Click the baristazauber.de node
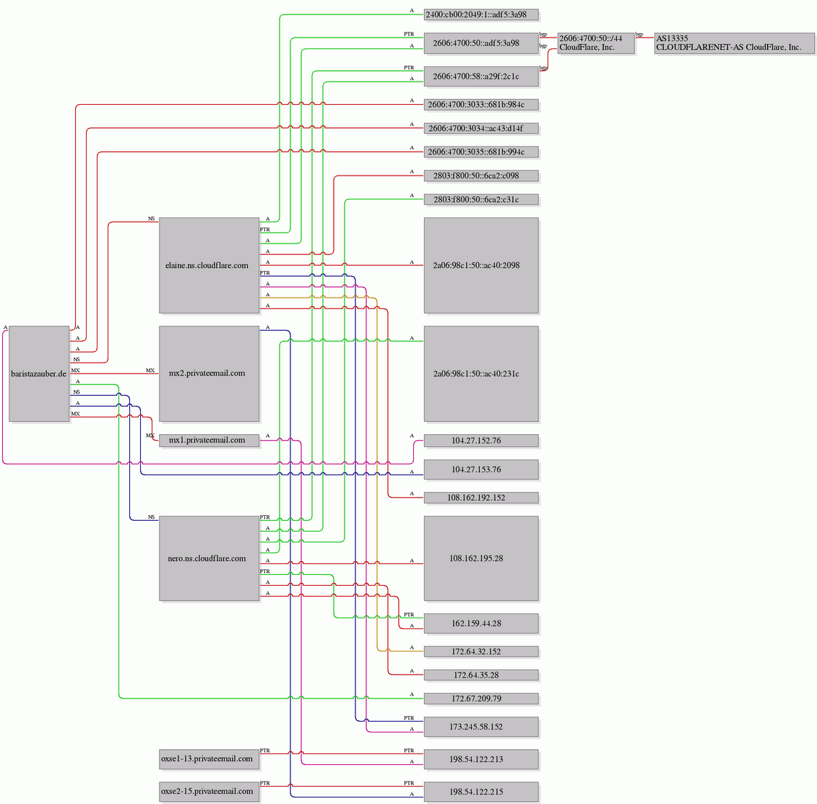(x=39, y=373)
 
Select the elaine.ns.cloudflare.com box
(x=209, y=265)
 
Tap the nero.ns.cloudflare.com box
(x=209, y=558)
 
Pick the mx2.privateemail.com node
(x=209, y=373)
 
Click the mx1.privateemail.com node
(x=209, y=441)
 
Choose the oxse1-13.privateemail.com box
(x=209, y=759)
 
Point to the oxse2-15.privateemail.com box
(x=209, y=792)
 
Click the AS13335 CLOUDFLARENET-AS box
(x=734, y=43)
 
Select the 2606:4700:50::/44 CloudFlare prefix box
(x=596, y=43)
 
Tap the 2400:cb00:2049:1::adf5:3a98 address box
(x=481, y=14)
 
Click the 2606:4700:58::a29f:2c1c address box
(x=481, y=76)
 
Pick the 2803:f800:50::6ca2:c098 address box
(x=481, y=176)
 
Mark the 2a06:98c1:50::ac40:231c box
(x=481, y=373)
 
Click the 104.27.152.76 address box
(x=481, y=441)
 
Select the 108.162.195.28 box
(x=481, y=558)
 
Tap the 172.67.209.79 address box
(x=481, y=699)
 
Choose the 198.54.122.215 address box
(x=481, y=792)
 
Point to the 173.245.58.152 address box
(x=481, y=727)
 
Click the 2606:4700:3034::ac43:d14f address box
(x=481, y=128)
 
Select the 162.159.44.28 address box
(x=481, y=623)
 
